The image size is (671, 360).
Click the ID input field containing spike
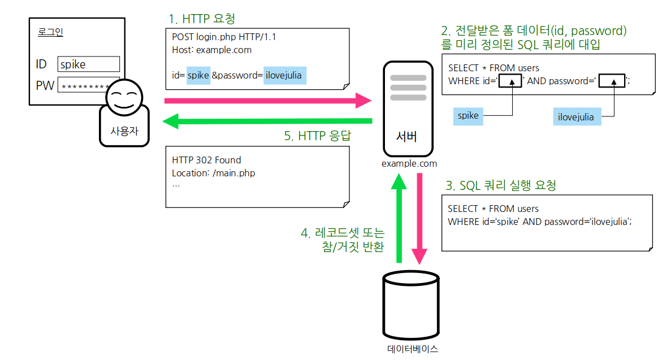[89, 64]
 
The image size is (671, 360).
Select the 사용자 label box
[124, 133]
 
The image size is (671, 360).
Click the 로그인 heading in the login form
[50, 32]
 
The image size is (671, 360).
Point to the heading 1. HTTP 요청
[201, 19]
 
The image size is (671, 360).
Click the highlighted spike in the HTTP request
[198, 75]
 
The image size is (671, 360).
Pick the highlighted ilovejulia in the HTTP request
[285, 75]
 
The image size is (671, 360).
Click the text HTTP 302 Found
[206, 161]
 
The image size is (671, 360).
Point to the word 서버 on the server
[406, 137]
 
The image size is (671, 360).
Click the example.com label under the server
[409, 164]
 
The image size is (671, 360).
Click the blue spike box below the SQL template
[468, 116]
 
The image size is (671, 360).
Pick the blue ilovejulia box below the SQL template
[576, 117]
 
